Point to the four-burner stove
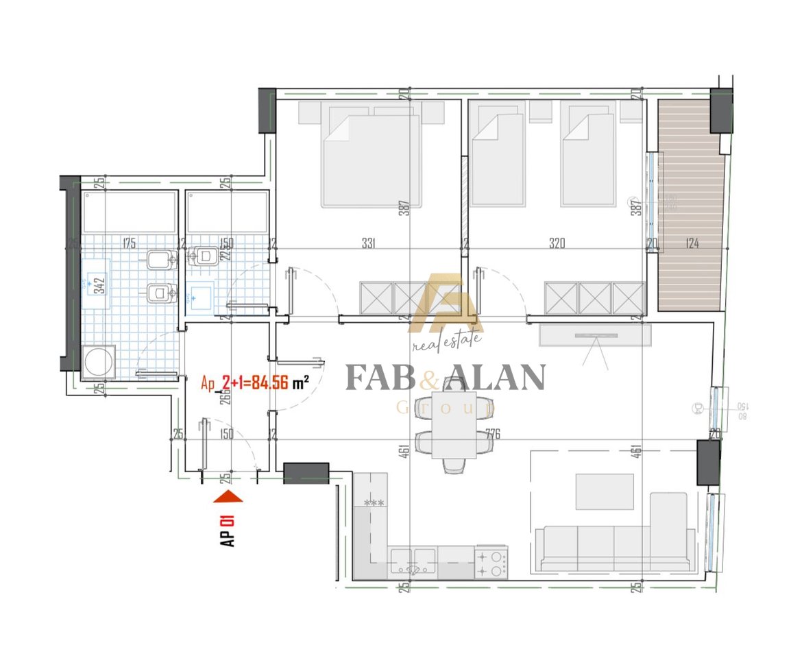click(x=491, y=563)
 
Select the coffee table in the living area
click(x=604, y=491)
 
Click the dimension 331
click(x=371, y=243)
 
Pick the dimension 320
click(x=557, y=243)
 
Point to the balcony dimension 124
click(x=691, y=243)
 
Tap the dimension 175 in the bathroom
click(x=128, y=243)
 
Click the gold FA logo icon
click(x=446, y=302)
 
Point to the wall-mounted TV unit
click(x=594, y=335)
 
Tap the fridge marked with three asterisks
click(x=374, y=504)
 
